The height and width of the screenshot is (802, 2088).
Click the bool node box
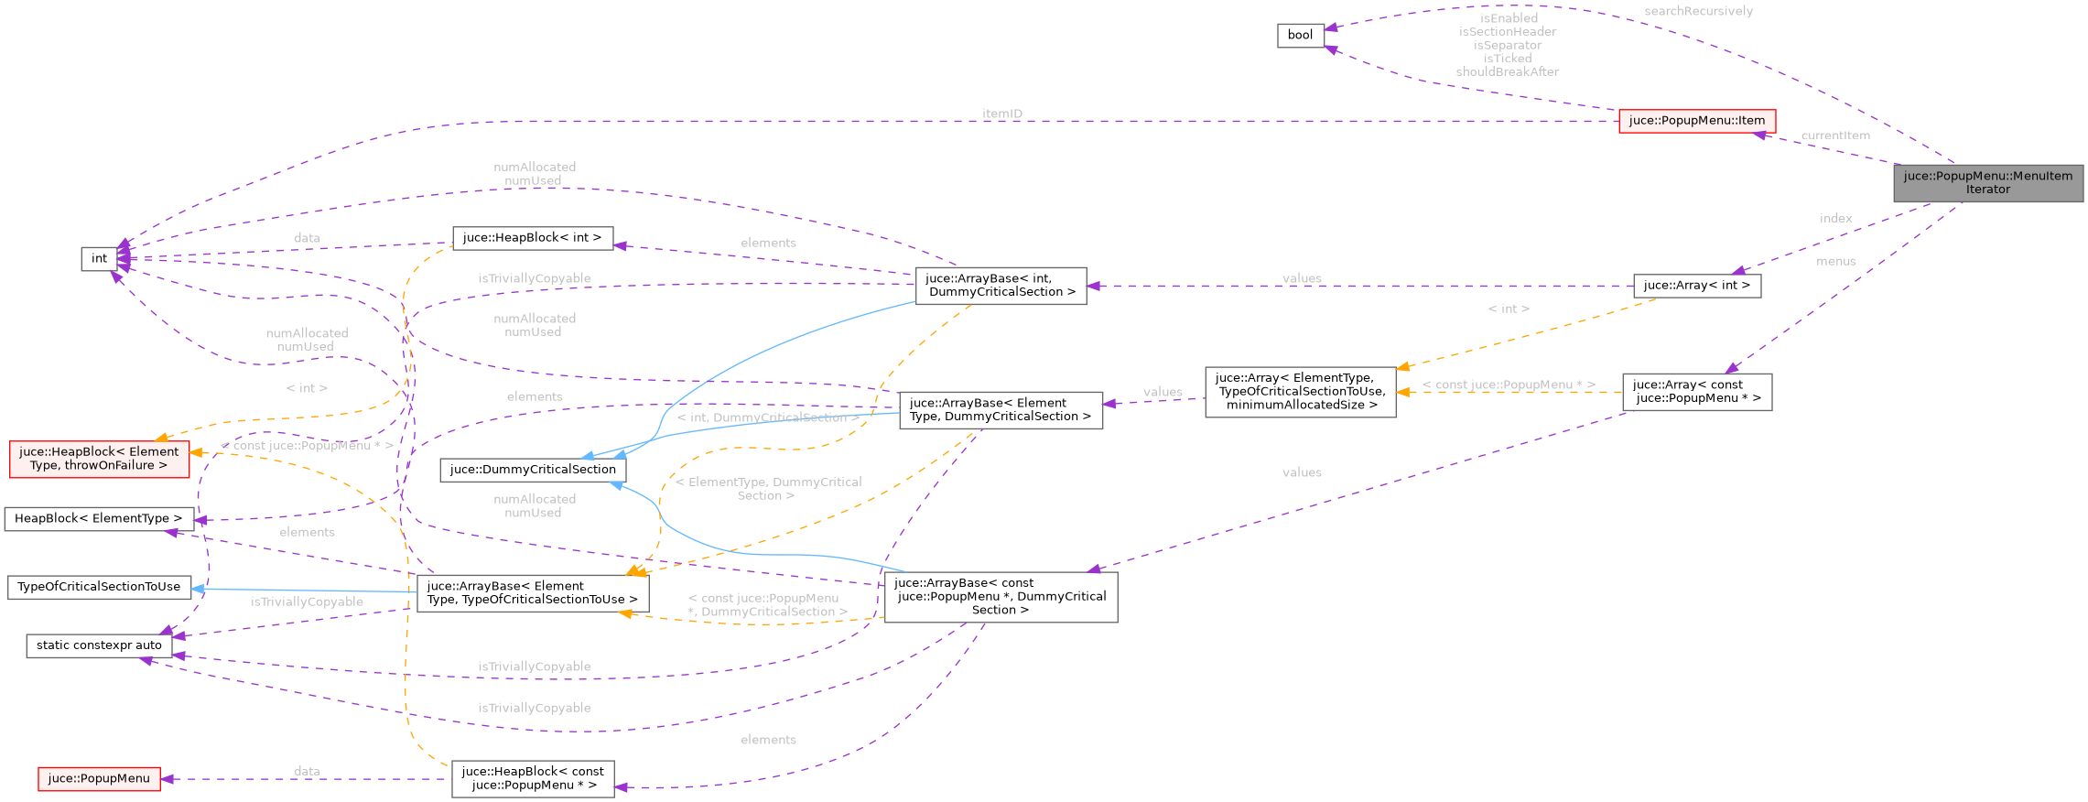coord(1300,36)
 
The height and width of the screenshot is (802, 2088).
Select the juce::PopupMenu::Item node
coord(1696,121)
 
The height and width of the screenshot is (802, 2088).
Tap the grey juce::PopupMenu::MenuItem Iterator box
coord(1987,183)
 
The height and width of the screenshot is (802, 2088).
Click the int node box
coord(99,259)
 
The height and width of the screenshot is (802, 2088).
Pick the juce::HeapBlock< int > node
coord(532,238)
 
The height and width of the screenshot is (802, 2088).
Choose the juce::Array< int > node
coord(1696,286)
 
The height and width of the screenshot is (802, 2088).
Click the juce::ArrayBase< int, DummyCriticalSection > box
coord(1001,286)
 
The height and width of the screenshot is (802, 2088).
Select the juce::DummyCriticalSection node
coord(533,470)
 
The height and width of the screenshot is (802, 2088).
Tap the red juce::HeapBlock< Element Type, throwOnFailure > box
coord(99,459)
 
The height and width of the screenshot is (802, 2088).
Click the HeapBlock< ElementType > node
coord(99,519)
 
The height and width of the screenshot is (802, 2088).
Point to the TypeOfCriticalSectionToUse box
coord(99,587)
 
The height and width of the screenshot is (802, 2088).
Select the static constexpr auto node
coord(99,645)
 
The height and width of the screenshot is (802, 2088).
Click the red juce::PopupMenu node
coord(99,779)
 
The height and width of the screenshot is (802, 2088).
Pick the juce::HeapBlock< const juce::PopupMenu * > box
coord(533,778)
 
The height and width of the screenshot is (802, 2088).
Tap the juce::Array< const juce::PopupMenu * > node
coord(1696,392)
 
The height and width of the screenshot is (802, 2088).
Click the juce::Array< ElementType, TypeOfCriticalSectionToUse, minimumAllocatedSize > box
coord(1300,392)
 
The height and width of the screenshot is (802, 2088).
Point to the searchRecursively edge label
coord(1698,11)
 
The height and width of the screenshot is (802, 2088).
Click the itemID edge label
coord(1001,114)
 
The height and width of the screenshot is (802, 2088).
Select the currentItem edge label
coord(1835,135)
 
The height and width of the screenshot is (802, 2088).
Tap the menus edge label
coord(1835,262)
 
